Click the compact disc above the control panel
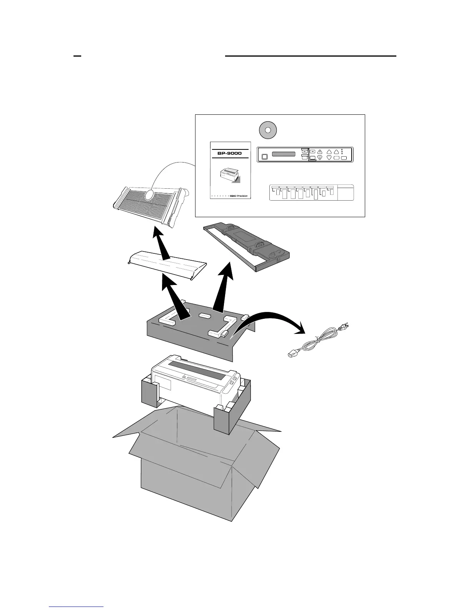tap(269, 130)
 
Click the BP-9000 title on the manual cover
tap(229, 153)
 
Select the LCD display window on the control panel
tap(284, 154)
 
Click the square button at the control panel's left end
tap(264, 157)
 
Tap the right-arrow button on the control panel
tap(312, 151)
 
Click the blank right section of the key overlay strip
tap(345, 192)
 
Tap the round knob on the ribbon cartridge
tap(274, 255)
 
